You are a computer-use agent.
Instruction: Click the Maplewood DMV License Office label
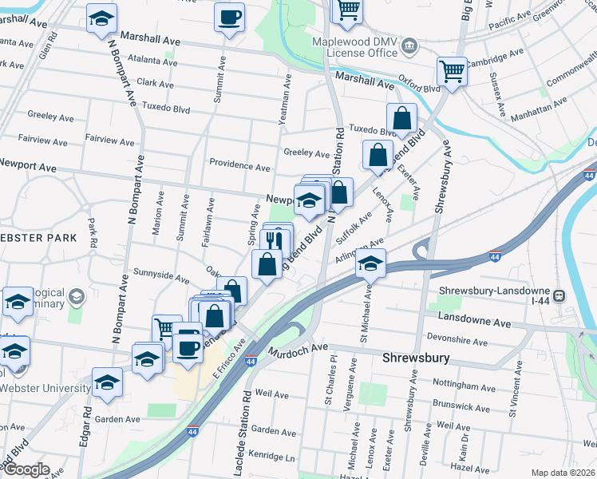pos(361,46)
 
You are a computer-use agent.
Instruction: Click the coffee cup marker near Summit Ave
pos(229,18)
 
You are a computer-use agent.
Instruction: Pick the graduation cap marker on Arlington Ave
pos(370,263)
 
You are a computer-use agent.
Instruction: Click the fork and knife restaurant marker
pos(275,239)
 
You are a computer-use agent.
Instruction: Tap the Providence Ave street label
pos(239,166)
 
